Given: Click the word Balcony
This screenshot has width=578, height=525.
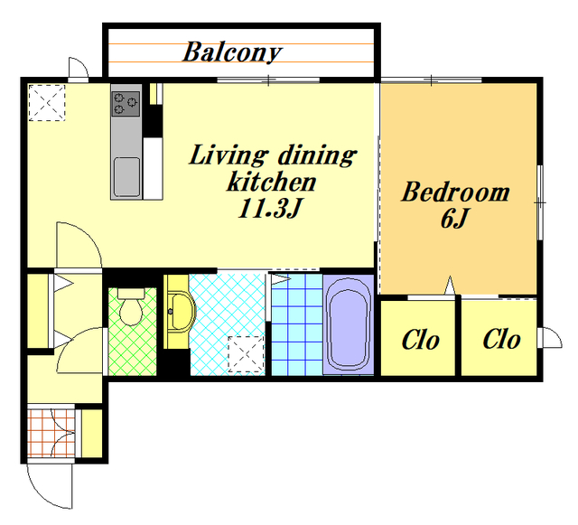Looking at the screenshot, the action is [232, 52].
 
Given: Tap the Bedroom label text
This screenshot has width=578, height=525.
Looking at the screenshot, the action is [455, 192].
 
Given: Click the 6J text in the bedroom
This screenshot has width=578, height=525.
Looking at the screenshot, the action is [454, 219].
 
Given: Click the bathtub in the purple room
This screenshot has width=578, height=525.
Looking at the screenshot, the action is [349, 324].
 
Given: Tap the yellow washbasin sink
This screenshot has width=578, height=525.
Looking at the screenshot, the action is [181, 312].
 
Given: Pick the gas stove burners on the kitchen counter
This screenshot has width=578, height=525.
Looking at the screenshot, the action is [126, 104].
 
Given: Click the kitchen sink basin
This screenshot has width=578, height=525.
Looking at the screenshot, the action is [126, 177].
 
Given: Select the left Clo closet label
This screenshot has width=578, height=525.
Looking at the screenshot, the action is [421, 340].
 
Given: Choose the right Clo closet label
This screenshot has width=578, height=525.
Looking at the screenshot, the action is [502, 339].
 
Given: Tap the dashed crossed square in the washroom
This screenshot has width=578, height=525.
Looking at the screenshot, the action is [246, 354].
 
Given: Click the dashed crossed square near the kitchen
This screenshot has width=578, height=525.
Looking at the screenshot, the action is [47, 103].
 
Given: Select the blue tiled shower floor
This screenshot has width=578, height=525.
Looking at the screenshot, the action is [297, 324].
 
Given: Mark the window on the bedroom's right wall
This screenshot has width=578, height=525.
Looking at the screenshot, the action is [540, 202].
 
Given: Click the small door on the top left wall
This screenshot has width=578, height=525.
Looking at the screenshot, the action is [79, 70].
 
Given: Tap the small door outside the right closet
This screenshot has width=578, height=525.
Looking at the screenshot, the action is [550, 338].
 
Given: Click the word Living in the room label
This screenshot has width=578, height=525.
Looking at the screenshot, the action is [228, 155].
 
